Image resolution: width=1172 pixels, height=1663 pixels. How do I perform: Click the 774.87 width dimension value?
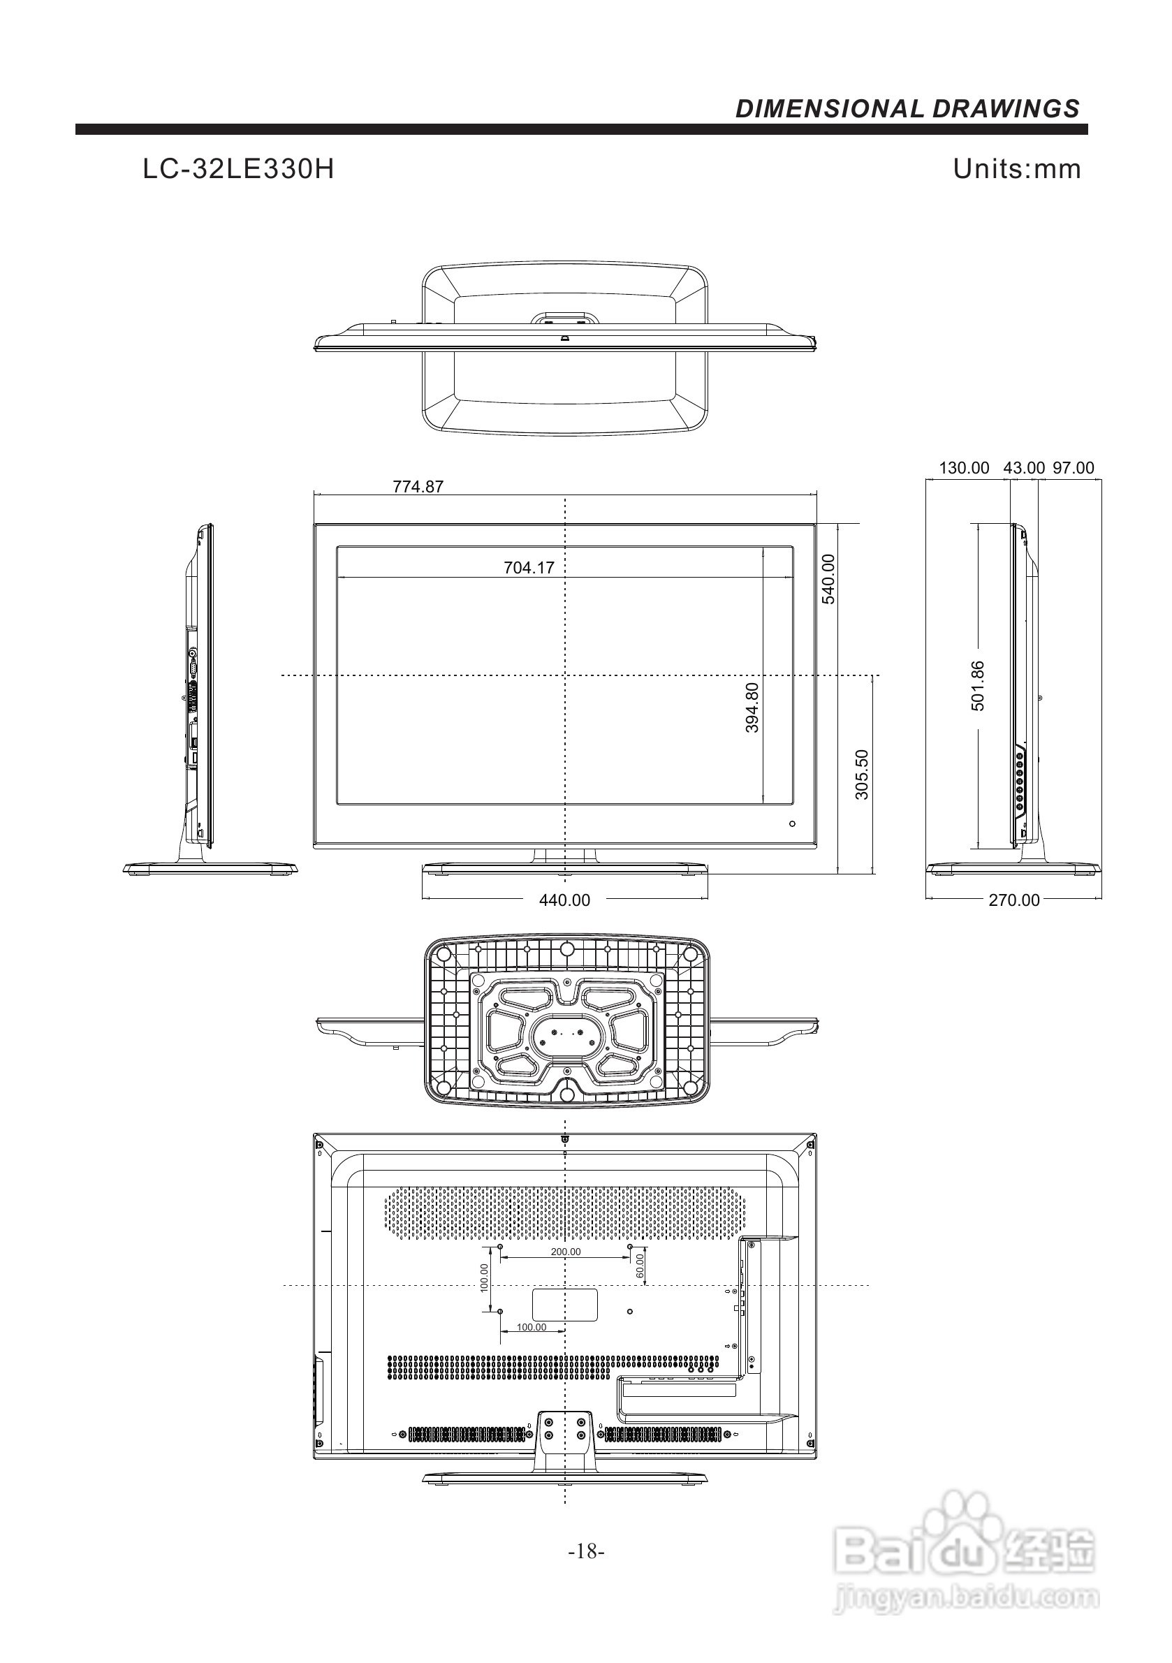click(x=418, y=487)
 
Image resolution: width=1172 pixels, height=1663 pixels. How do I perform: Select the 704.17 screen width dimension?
click(x=529, y=568)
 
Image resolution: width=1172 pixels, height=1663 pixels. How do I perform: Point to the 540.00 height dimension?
click(x=828, y=579)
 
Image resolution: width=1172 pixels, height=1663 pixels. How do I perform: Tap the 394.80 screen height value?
click(x=753, y=708)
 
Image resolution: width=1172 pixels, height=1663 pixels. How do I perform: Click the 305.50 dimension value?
click(x=862, y=775)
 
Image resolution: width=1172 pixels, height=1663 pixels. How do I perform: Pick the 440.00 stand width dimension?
click(x=564, y=900)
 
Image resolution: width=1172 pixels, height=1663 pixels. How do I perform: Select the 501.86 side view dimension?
click(x=978, y=685)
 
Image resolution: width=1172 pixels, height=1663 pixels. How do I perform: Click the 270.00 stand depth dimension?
click(x=1014, y=900)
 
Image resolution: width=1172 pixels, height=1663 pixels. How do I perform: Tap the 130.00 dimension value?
click(x=964, y=468)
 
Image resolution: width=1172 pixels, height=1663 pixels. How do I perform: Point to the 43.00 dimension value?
click(x=1023, y=468)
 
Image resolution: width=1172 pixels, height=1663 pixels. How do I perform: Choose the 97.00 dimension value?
click(x=1074, y=468)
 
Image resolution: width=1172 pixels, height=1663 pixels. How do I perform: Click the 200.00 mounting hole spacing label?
click(x=565, y=1252)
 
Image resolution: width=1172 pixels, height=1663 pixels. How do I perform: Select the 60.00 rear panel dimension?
click(x=640, y=1266)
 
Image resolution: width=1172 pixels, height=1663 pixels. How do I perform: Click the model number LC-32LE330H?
click(x=238, y=170)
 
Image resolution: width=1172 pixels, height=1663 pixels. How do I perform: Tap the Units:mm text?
click(x=1016, y=169)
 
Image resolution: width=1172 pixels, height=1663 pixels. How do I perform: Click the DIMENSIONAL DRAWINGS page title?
click(x=907, y=109)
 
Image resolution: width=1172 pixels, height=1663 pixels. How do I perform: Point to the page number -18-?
click(x=587, y=1551)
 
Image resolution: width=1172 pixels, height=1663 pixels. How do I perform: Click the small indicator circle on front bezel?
click(x=792, y=823)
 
